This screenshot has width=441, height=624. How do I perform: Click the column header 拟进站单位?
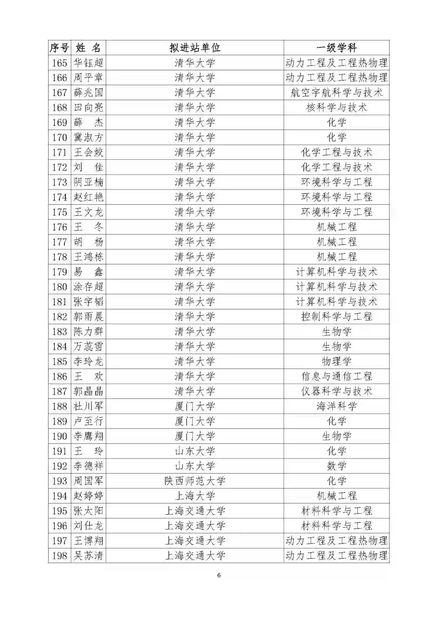click(x=195, y=48)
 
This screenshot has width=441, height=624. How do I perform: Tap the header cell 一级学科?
click(x=336, y=48)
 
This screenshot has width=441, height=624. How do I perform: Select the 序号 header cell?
click(x=60, y=48)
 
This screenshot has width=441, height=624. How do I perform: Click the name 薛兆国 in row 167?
click(x=88, y=93)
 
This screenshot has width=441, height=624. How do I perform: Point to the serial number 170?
click(x=60, y=138)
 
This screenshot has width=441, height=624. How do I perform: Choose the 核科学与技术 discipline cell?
click(x=336, y=107)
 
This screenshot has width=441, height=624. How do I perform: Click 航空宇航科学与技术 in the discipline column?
click(x=336, y=93)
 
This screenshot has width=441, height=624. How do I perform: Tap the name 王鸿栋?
click(x=88, y=257)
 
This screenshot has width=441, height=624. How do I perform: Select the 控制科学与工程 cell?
click(x=336, y=317)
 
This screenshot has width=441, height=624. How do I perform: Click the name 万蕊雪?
click(x=88, y=347)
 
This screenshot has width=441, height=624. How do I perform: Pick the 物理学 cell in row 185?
click(x=336, y=362)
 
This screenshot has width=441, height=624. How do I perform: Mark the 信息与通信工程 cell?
click(x=336, y=376)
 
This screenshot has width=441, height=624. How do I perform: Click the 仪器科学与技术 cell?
click(x=336, y=391)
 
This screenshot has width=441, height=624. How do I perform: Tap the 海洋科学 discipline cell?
click(x=336, y=406)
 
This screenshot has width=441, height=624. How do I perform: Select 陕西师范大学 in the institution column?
click(x=195, y=481)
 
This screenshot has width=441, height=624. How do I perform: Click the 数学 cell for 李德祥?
click(x=336, y=466)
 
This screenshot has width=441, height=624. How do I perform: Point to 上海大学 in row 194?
click(x=195, y=496)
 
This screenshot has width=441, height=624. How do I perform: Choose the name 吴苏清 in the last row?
click(x=88, y=556)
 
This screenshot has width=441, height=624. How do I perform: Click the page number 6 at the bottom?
click(x=219, y=575)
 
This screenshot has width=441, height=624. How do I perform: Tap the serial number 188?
click(x=60, y=406)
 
